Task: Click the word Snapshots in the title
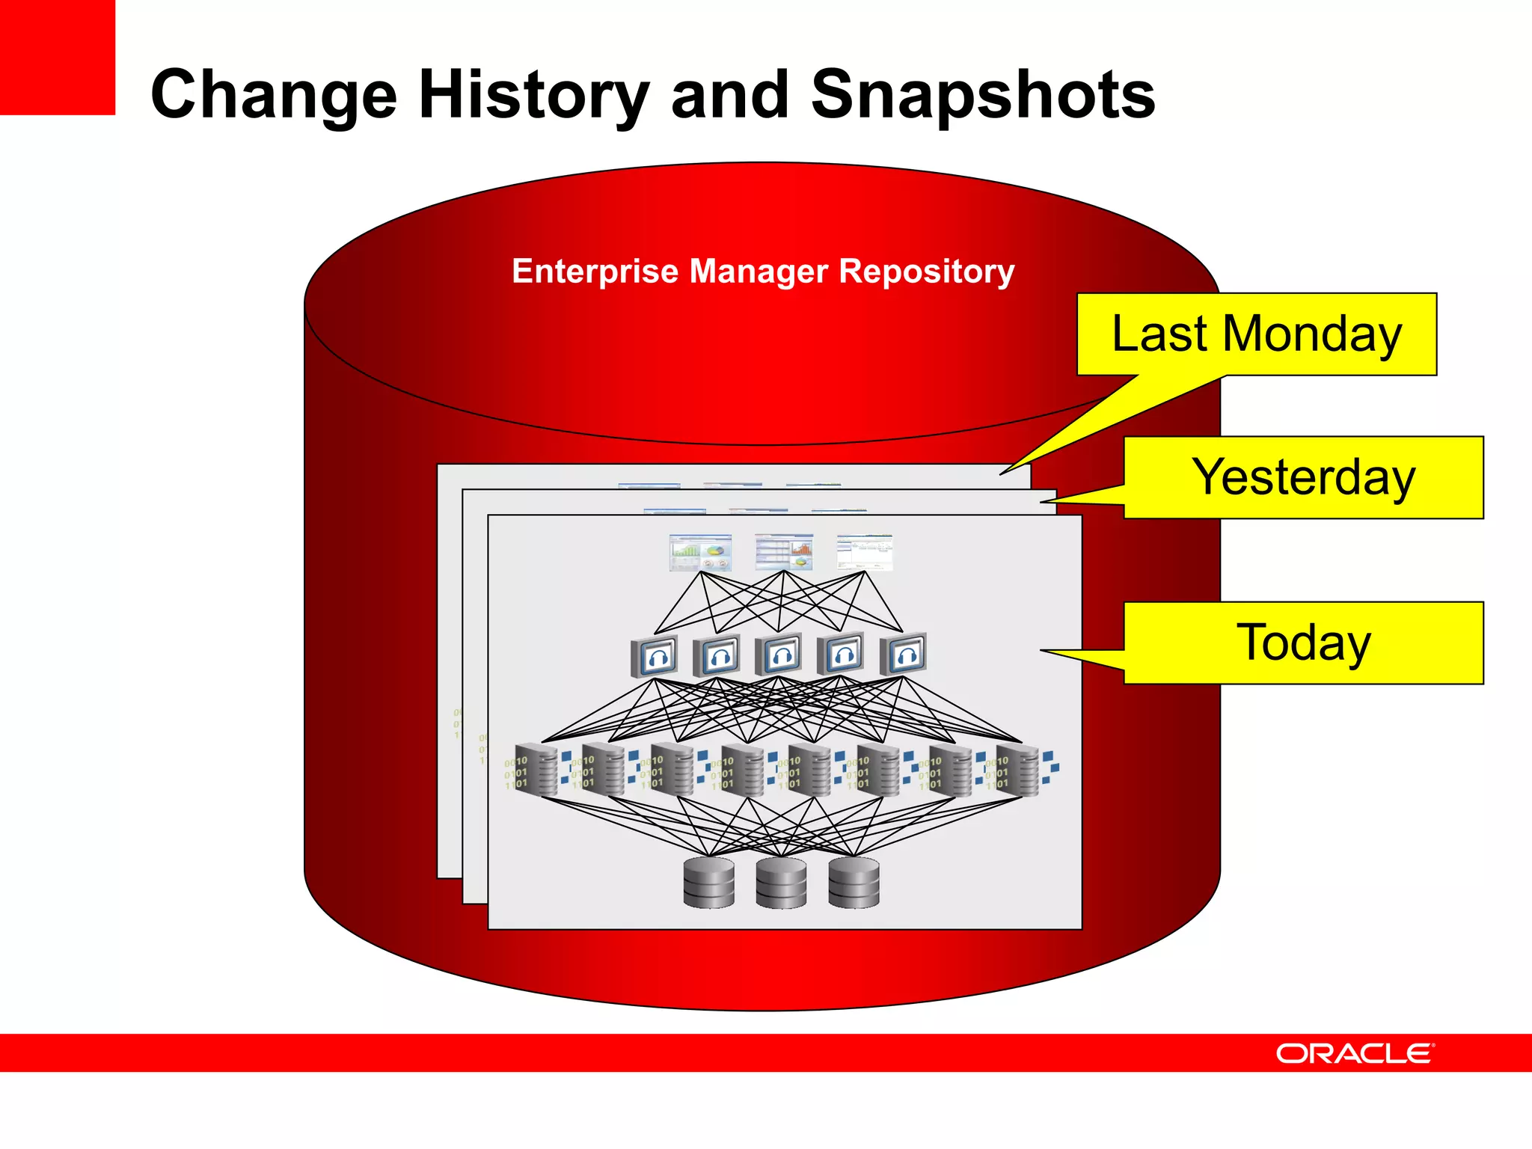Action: pyautogui.click(x=983, y=94)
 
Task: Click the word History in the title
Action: pyautogui.click(x=533, y=94)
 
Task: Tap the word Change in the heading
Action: pyautogui.click(x=274, y=94)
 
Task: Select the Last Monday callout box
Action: pyautogui.click(x=1256, y=334)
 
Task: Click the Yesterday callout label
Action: pyautogui.click(x=1303, y=477)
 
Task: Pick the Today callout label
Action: pyautogui.click(x=1303, y=643)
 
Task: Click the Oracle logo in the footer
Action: pyautogui.click(x=1354, y=1053)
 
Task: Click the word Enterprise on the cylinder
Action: pyautogui.click(x=595, y=271)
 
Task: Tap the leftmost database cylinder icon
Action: pyautogui.click(x=708, y=883)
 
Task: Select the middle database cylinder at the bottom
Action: pyautogui.click(x=781, y=883)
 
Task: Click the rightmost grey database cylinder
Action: pyautogui.click(x=854, y=883)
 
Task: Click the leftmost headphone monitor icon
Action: pyautogui.click(x=655, y=656)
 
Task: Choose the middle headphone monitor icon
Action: pyautogui.click(x=779, y=655)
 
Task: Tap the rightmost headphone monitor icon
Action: pyautogui.click(x=904, y=655)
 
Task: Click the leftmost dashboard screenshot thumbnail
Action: pyautogui.click(x=700, y=553)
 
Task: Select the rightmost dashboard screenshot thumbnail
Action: pyautogui.click(x=865, y=552)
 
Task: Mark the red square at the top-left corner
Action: pyautogui.click(x=57, y=57)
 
